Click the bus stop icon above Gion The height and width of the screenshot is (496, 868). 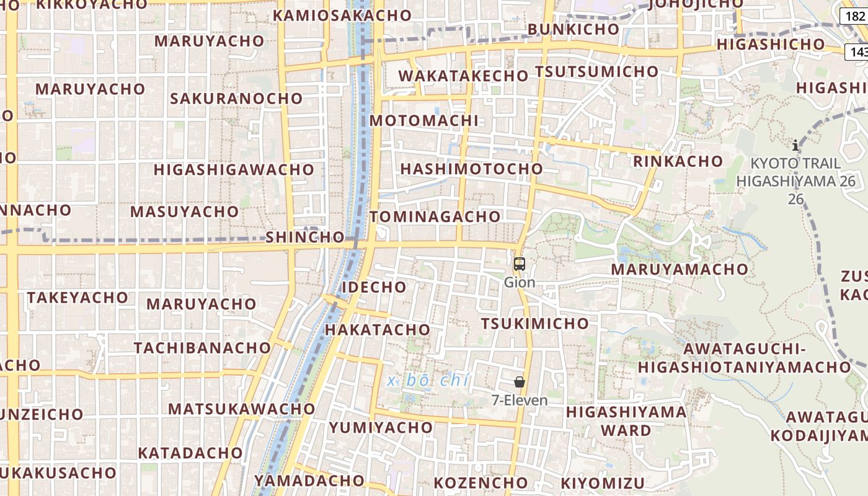coord(520,264)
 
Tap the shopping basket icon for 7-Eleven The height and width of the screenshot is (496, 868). coord(520,382)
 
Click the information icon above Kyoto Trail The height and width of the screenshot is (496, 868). coord(795,146)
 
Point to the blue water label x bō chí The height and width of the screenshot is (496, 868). coord(428,381)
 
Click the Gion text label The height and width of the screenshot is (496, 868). coord(520,282)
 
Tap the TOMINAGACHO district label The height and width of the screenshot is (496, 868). coord(435,216)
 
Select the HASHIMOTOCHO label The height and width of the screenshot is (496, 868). coord(471,169)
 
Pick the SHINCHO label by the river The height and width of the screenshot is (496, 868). coord(305,237)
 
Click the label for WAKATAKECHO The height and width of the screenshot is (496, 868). coord(463,76)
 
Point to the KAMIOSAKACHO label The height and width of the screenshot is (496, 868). coord(342,15)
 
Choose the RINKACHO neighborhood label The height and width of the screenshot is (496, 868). coord(678,161)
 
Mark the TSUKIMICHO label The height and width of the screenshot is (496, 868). coord(534,323)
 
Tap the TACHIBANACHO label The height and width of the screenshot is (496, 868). coord(202,347)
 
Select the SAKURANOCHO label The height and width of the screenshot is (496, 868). coord(236,98)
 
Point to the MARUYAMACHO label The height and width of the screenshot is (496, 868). coord(680,269)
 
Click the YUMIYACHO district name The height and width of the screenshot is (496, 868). coord(381,427)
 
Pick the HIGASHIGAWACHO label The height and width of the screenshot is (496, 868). coord(234,169)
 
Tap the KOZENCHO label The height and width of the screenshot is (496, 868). coord(480,482)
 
